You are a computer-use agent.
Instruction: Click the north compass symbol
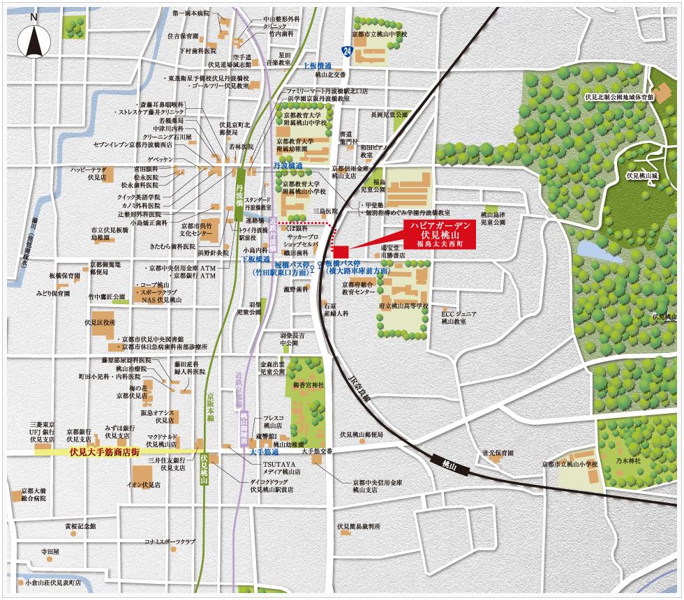point(34,42)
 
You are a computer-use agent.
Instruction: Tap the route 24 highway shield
point(347,50)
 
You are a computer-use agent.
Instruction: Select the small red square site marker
point(341,251)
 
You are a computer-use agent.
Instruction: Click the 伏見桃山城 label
point(642,176)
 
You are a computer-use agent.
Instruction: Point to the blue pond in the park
point(590,250)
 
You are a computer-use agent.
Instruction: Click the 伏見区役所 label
point(99,323)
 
